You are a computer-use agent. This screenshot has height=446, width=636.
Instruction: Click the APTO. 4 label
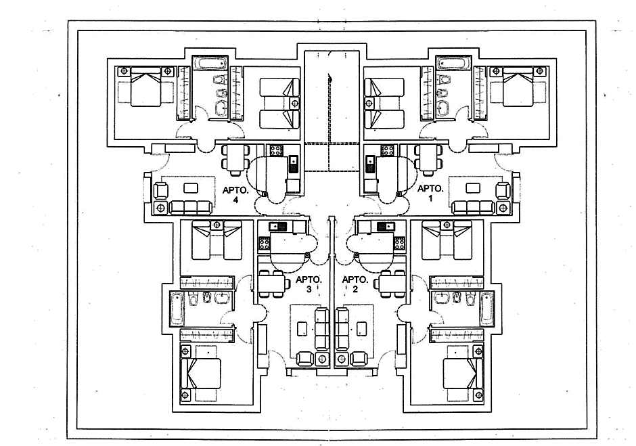[236, 194]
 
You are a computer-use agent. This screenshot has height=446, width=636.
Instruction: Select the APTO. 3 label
[308, 284]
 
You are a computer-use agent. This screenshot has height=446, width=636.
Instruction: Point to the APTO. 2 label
[355, 284]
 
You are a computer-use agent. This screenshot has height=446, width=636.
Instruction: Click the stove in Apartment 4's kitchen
[277, 150]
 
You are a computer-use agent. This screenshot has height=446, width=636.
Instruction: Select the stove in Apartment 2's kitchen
[399, 243]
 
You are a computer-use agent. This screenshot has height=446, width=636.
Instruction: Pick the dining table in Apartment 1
[429, 160]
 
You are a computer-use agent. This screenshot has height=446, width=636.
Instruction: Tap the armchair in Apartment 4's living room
[161, 191]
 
